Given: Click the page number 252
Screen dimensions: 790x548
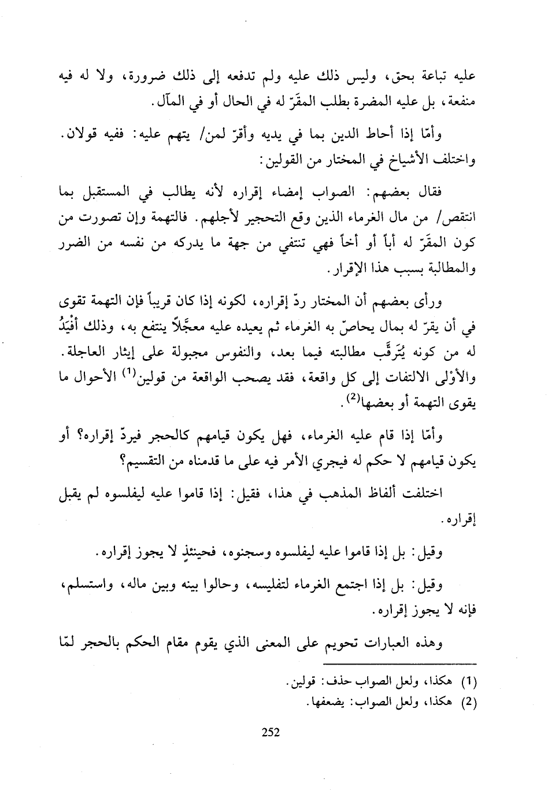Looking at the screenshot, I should [271, 732].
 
